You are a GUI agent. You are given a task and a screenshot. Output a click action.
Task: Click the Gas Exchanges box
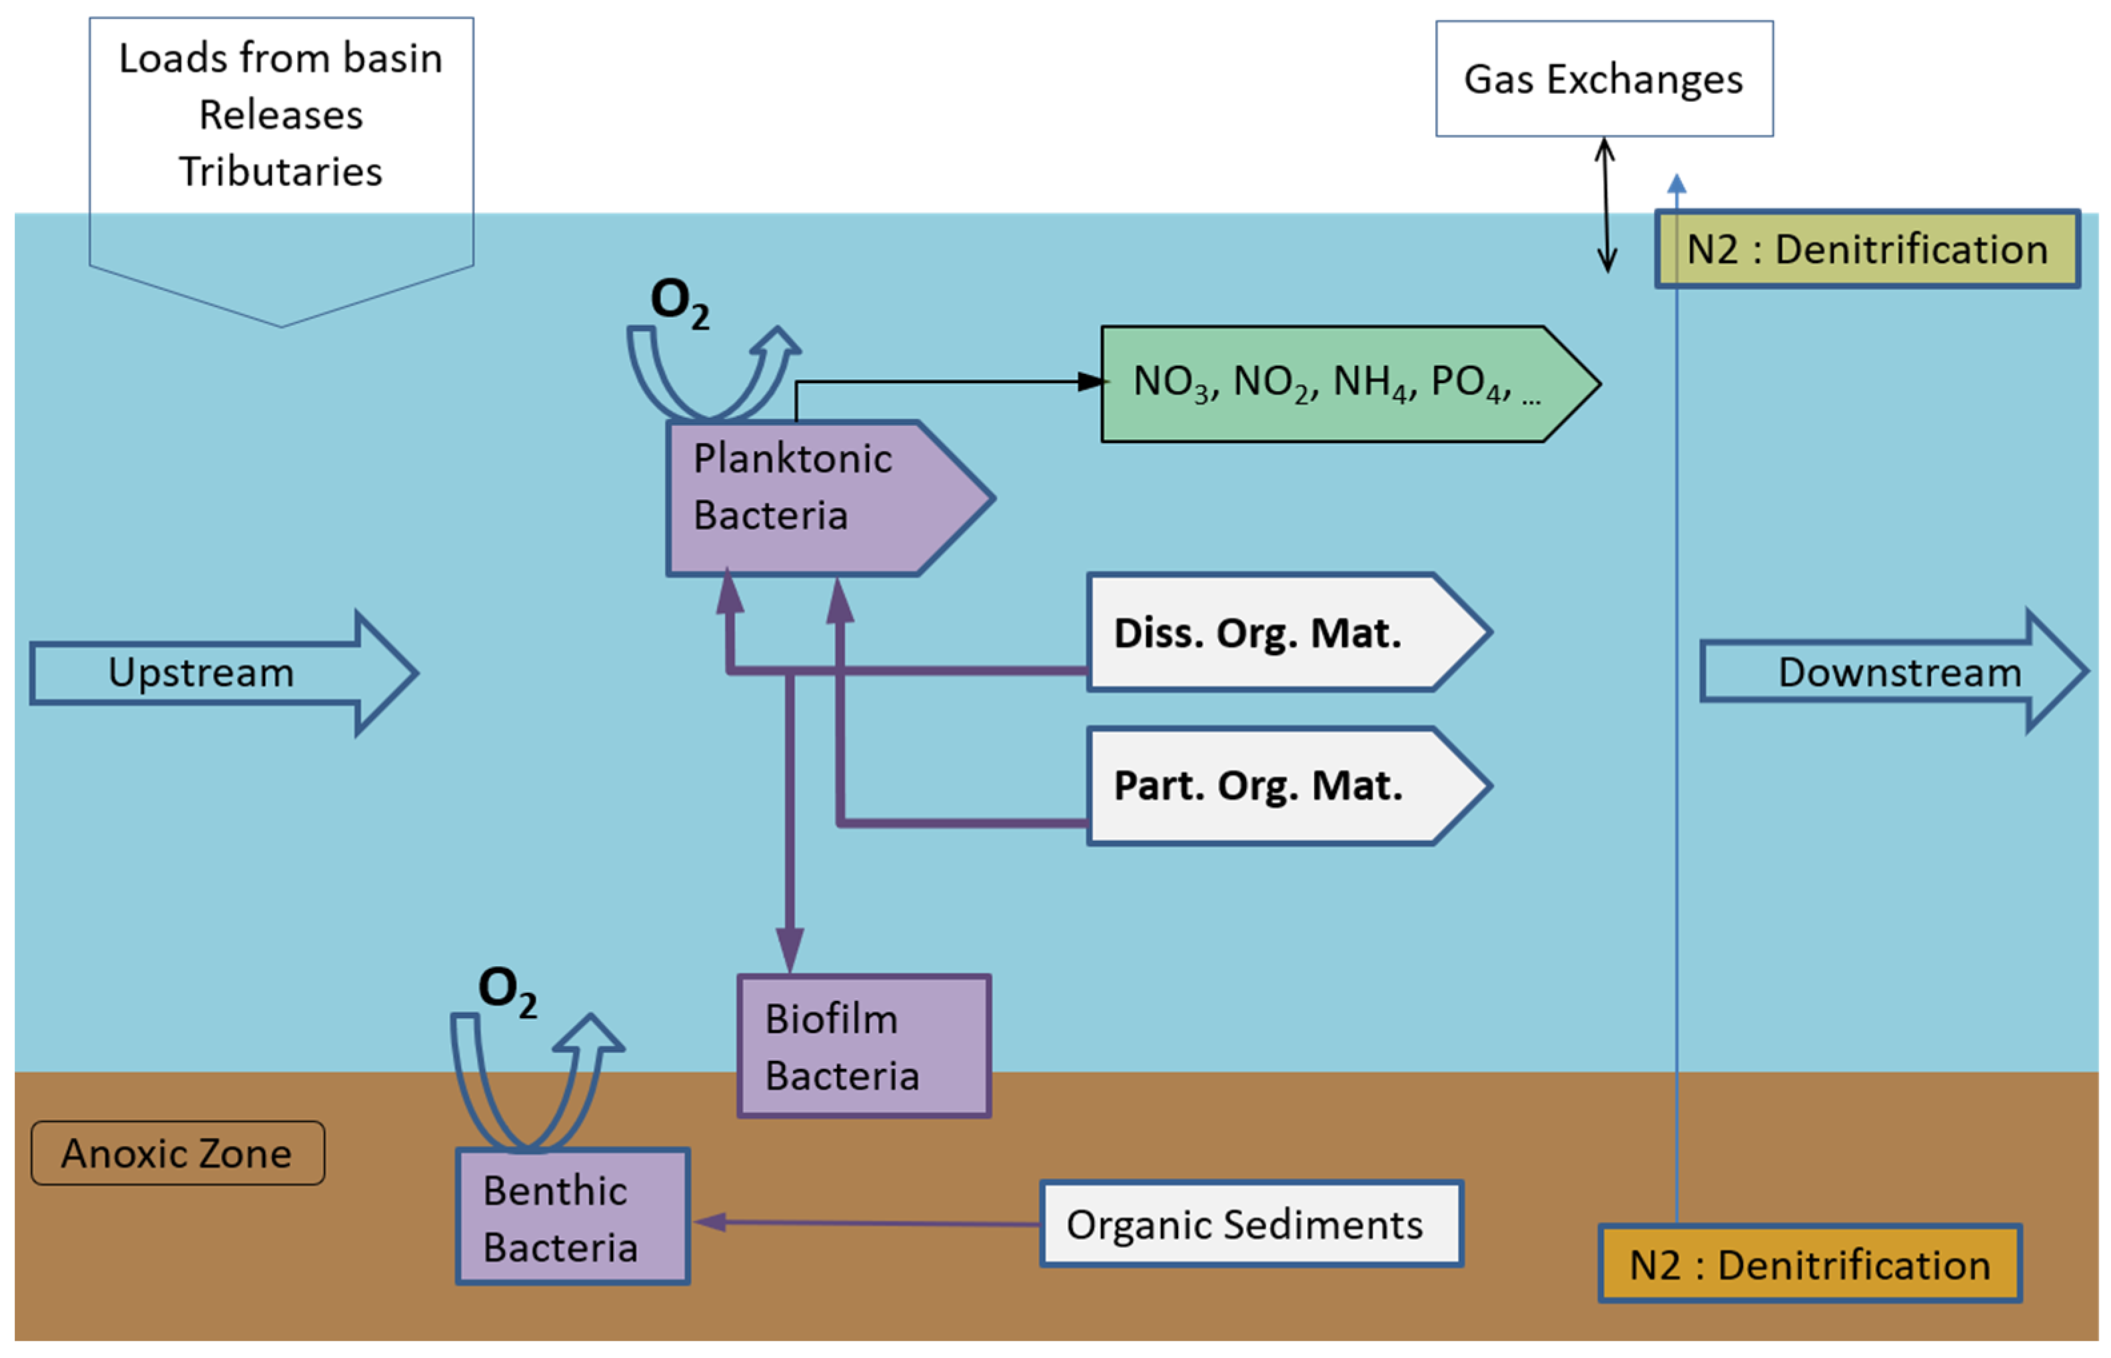(1603, 79)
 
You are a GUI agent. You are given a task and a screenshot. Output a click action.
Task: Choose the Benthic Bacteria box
(572, 1217)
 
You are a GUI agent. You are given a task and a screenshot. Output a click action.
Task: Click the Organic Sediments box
(1250, 1224)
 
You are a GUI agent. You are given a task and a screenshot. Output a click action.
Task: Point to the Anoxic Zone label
(177, 1153)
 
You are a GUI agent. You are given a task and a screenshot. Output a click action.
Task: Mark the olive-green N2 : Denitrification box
(1866, 249)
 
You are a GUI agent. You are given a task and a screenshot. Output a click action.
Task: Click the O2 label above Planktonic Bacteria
(679, 303)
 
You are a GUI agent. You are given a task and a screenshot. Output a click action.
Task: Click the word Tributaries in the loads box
(281, 171)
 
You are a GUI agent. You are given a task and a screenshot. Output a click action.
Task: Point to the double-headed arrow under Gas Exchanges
(1606, 205)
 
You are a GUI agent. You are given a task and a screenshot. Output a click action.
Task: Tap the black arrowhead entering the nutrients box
(1091, 382)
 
